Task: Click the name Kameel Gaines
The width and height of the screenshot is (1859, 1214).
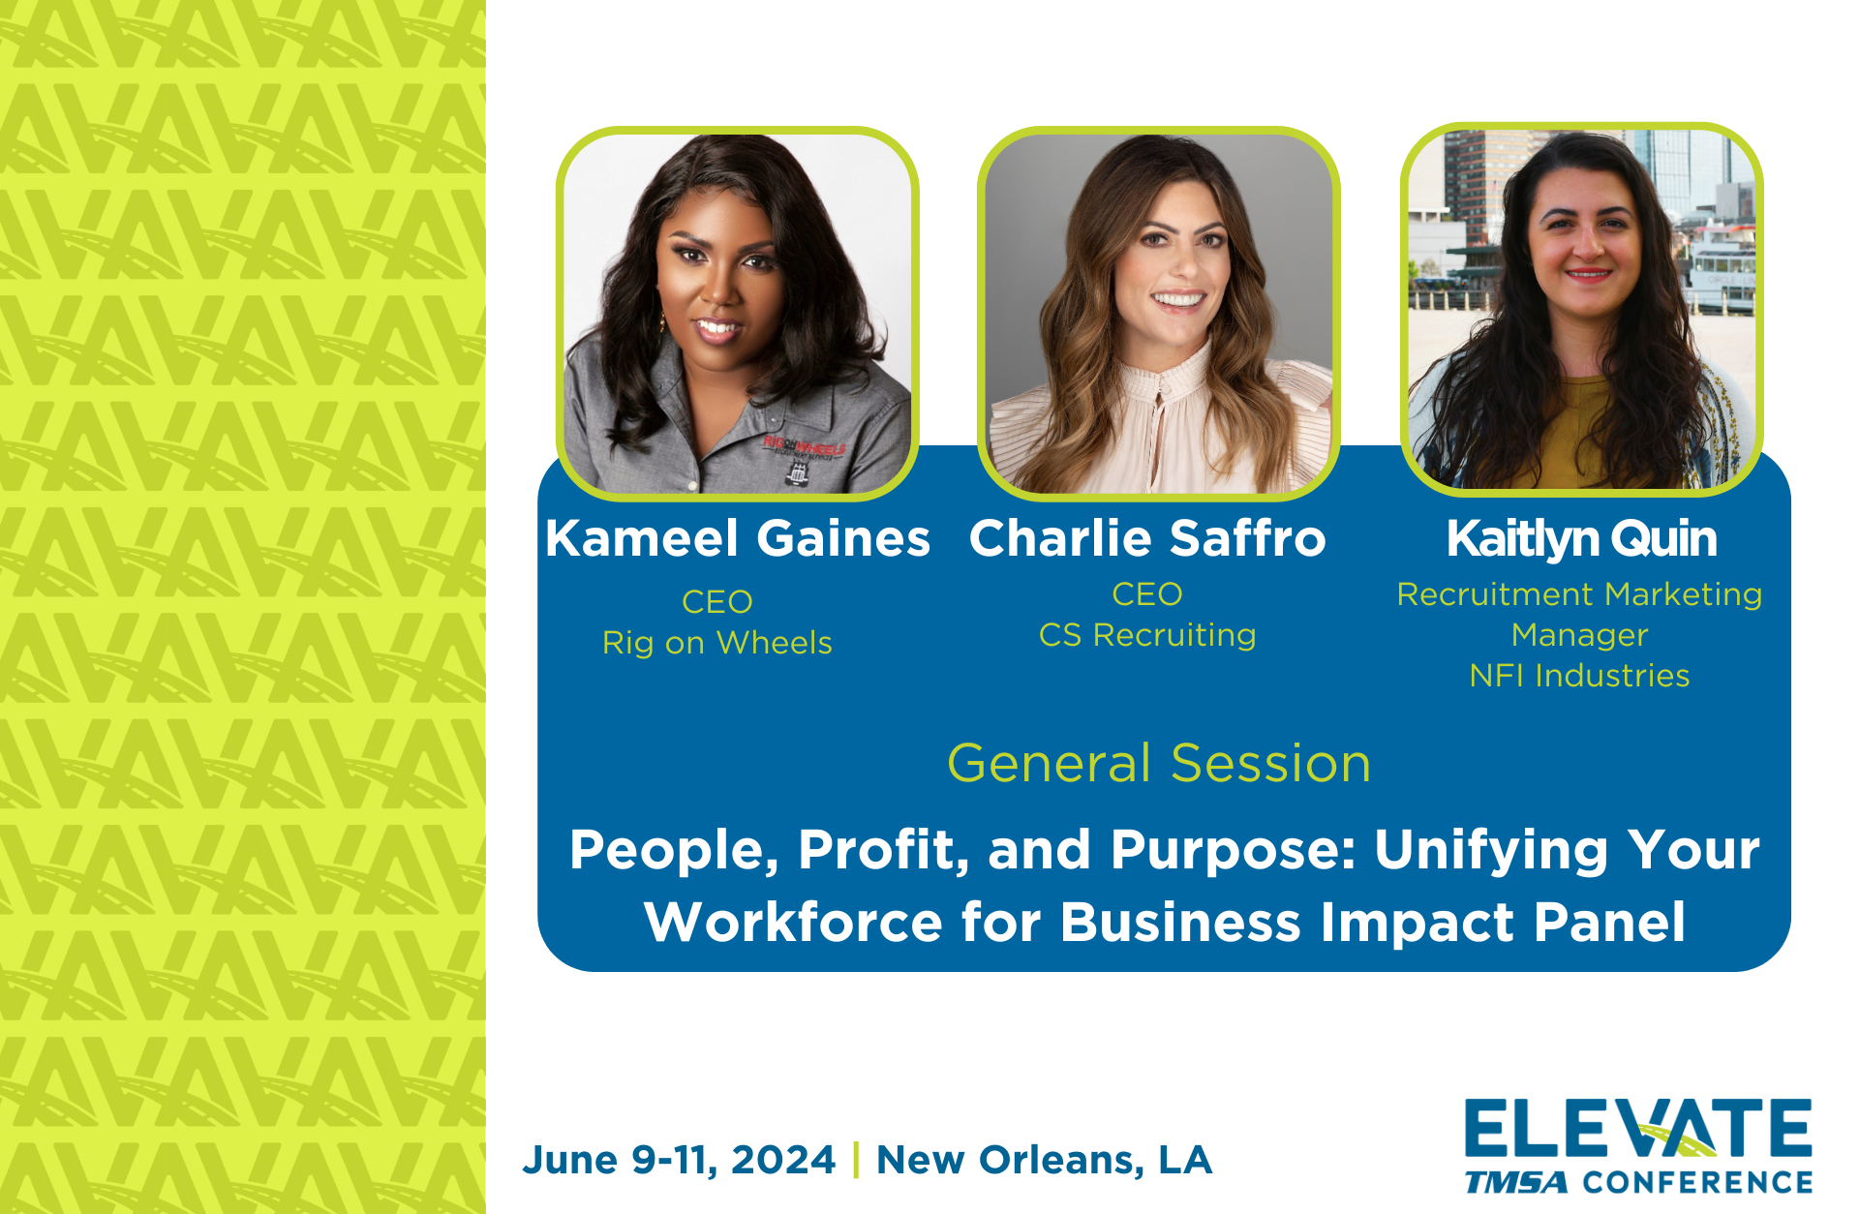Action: pyautogui.click(x=737, y=538)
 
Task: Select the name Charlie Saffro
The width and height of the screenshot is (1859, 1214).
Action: pyautogui.click(x=1147, y=538)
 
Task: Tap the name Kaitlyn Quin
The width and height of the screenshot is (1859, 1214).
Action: pyautogui.click(x=1581, y=538)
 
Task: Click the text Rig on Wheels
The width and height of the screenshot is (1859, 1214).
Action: pyautogui.click(x=716, y=643)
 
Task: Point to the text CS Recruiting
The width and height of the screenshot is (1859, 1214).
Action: pyautogui.click(x=1147, y=635)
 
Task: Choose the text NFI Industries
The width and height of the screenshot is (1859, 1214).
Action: pyautogui.click(x=1579, y=676)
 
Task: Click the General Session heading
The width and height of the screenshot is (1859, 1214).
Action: pyautogui.click(x=1159, y=763)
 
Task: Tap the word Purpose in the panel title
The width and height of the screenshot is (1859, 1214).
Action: pyautogui.click(x=1234, y=850)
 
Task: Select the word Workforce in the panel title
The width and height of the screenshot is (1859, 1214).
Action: pyautogui.click(x=793, y=922)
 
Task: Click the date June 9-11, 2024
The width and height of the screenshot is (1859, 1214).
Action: pyautogui.click(x=679, y=1160)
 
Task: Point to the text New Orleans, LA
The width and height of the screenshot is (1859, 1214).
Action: pyautogui.click(x=1044, y=1160)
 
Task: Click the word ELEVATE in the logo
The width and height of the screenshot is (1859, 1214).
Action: pyautogui.click(x=1637, y=1129)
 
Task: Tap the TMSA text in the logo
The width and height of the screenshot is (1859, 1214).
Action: pyautogui.click(x=1516, y=1182)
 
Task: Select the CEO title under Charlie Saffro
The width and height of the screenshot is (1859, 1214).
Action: pyautogui.click(x=1147, y=594)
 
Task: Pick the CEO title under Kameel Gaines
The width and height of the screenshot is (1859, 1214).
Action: pyautogui.click(x=716, y=602)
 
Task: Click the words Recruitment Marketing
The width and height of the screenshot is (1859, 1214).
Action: pyautogui.click(x=1579, y=594)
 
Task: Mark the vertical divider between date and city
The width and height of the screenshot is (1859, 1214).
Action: pyautogui.click(x=856, y=1160)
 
